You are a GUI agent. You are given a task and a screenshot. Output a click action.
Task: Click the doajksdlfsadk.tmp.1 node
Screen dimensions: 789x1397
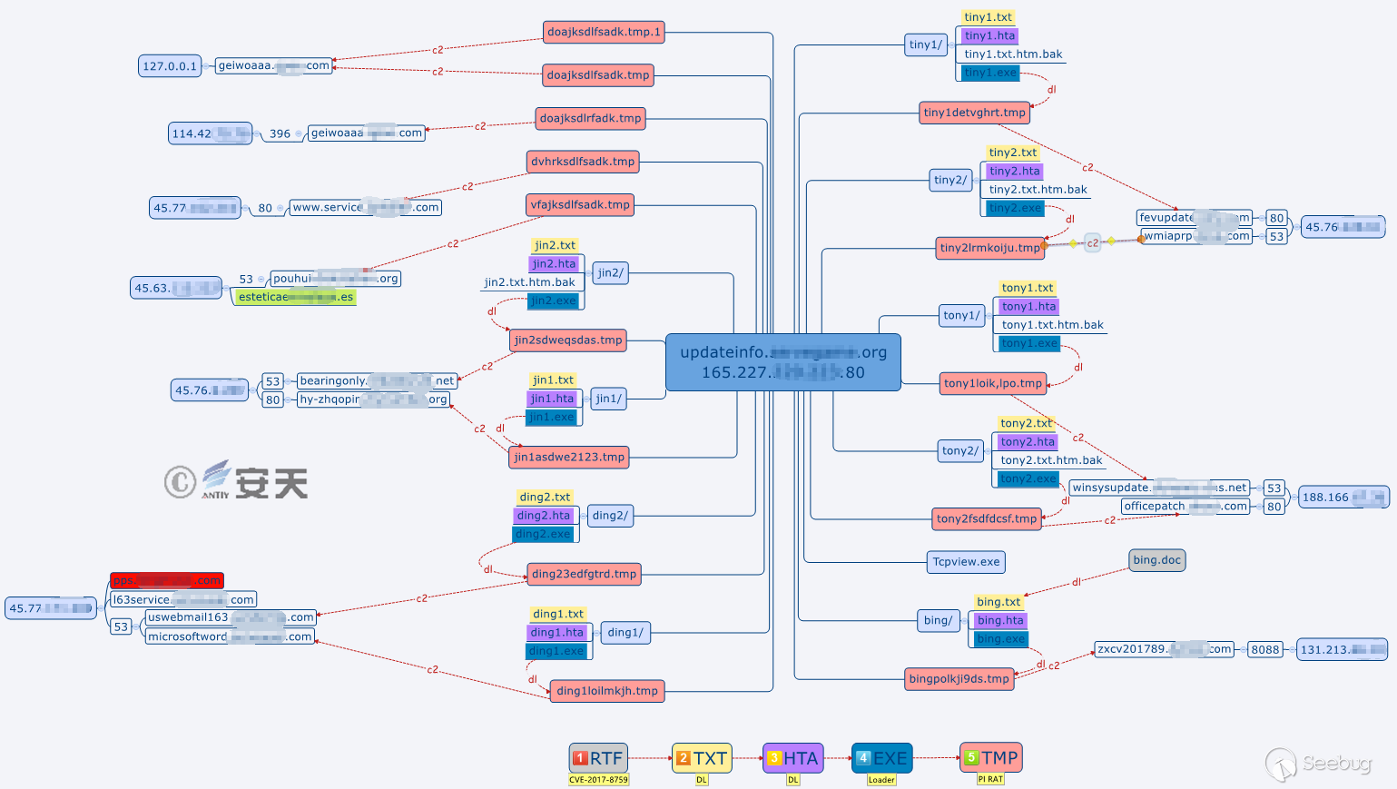[x=604, y=33]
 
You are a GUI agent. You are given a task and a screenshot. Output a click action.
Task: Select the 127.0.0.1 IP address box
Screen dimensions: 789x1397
[x=170, y=66]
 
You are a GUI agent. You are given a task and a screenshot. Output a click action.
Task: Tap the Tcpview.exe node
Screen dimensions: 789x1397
[x=966, y=562]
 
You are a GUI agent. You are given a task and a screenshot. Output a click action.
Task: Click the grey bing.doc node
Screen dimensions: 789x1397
[x=1156, y=560]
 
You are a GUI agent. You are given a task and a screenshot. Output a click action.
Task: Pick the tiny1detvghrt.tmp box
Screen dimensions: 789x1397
[x=974, y=113]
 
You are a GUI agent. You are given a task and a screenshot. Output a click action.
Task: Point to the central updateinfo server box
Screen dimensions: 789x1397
[x=782, y=362]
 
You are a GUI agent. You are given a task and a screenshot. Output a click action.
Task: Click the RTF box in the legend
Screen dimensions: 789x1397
[x=598, y=758]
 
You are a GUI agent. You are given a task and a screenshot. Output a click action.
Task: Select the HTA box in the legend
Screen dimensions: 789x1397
[x=792, y=758]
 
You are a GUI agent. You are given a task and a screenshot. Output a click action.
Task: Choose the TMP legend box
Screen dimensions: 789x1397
[x=990, y=757]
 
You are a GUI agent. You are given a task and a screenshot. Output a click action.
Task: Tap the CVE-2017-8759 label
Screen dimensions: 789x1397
[x=598, y=780]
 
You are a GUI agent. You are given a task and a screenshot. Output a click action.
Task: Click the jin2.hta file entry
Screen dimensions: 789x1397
[x=554, y=264]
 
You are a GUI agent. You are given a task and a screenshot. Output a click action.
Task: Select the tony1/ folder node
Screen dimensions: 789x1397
[x=961, y=316]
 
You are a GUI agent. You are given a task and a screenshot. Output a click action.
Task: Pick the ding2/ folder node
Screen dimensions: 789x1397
[x=609, y=516]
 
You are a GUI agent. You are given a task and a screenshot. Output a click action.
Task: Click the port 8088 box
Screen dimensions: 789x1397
[x=1264, y=649]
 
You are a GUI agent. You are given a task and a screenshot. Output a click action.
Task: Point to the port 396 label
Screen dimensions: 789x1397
[x=280, y=133]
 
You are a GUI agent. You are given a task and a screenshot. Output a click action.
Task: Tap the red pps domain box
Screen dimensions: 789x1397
[x=166, y=580]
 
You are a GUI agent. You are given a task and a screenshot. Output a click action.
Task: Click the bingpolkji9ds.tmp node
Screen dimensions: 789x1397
[x=959, y=679]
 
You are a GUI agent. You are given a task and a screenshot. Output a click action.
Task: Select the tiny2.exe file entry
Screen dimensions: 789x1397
[x=1015, y=209]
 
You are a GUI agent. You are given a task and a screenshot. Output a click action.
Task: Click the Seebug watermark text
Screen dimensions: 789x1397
[x=1336, y=764]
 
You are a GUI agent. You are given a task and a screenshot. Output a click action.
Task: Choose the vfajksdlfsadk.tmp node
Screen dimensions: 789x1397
[x=579, y=205]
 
